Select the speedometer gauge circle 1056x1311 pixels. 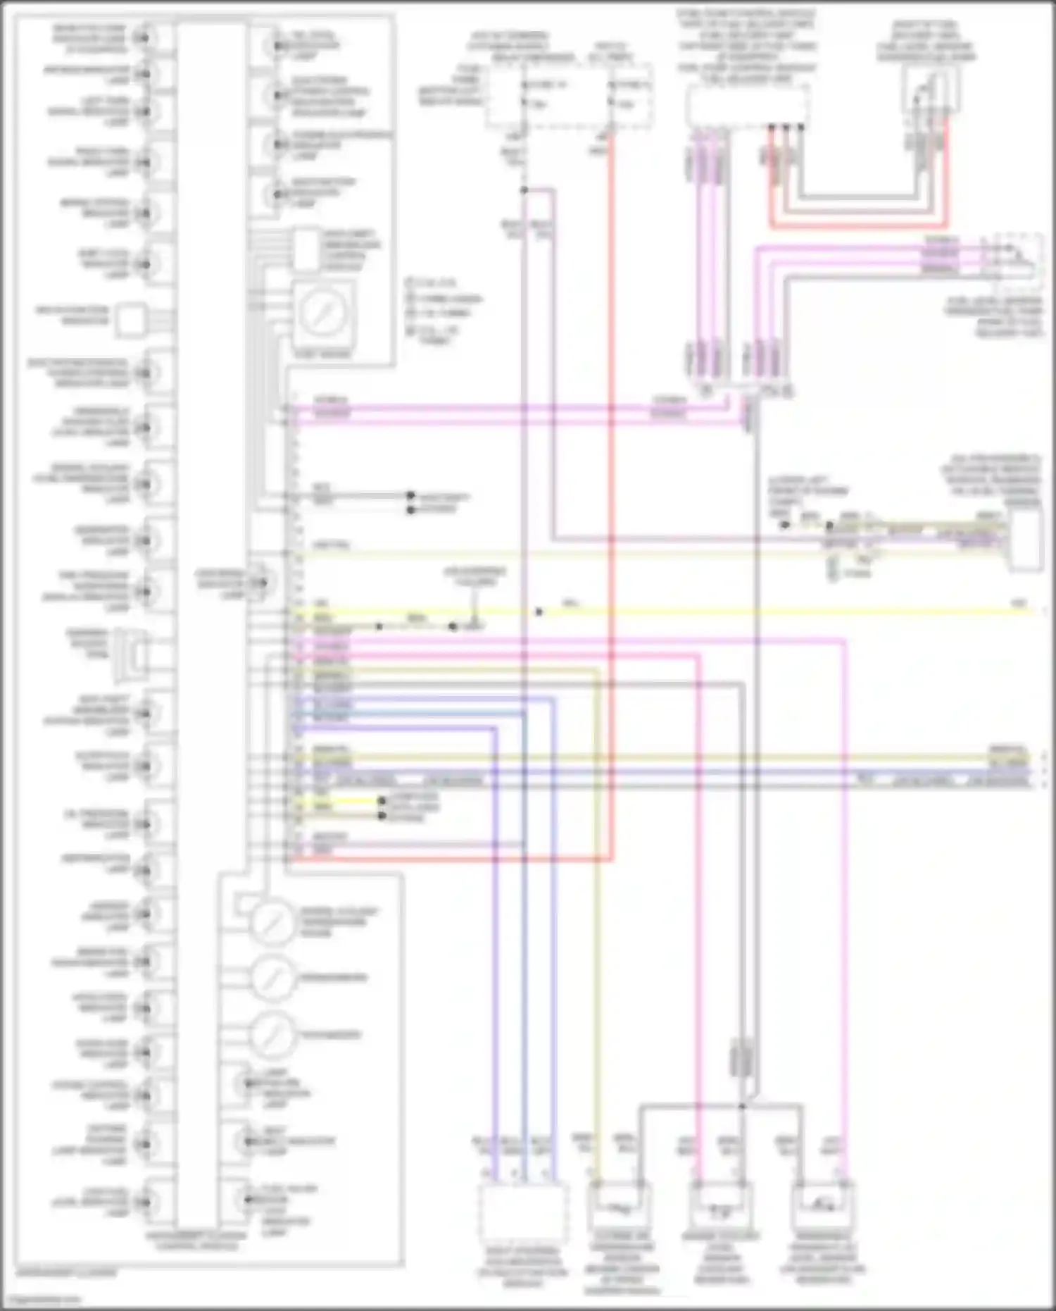point(273,978)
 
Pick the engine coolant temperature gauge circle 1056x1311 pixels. point(273,922)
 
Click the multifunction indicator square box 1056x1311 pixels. point(131,320)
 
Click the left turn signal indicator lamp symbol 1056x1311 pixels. point(144,111)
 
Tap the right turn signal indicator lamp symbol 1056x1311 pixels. point(144,162)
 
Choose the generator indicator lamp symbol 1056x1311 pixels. point(144,541)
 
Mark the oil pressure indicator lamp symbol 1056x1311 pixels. point(144,824)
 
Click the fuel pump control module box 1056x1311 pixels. point(747,106)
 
